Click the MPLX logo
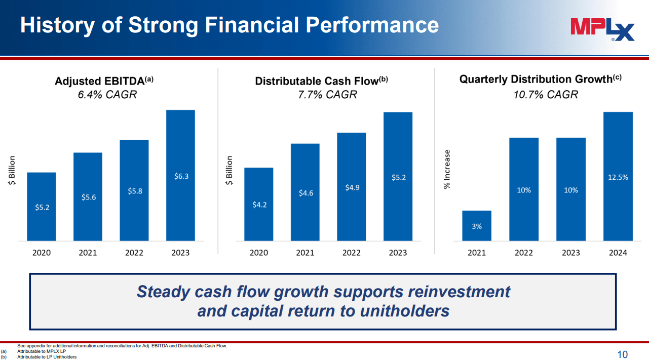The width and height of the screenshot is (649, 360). click(x=602, y=30)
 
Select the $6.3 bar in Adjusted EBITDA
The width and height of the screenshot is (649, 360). click(x=180, y=175)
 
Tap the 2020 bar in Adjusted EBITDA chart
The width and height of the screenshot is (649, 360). click(x=42, y=207)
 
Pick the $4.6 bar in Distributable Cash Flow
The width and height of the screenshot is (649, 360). click(x=305, y=192)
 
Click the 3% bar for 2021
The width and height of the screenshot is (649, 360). click(x=477, y=226)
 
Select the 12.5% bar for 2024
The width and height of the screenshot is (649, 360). click(x=618, y=176)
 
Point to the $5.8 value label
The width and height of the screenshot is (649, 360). click(x=135, y=191)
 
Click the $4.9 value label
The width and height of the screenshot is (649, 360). click(x=352, y=188)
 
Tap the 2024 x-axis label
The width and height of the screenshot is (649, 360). click(x=618, y=253)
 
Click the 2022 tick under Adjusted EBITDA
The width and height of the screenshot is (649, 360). click(x=134, y=253)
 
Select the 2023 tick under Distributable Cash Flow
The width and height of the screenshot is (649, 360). click(x=398, y=253)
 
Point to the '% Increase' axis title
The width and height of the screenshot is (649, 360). click(x=447, y=170)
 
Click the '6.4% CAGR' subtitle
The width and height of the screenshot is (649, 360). click(x=107, y=95)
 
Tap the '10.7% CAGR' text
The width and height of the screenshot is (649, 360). click(x=546, y=95)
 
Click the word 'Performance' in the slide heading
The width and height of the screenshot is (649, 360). click(x=372, y=25)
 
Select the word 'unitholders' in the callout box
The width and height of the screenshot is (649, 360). click(x=405, y=311)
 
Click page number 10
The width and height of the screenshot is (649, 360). click(x=622, y=354)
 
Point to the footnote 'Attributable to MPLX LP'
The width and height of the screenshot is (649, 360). click(x=42, y=351)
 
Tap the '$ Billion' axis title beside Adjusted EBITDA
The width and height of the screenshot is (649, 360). click(x=12, y=170)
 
